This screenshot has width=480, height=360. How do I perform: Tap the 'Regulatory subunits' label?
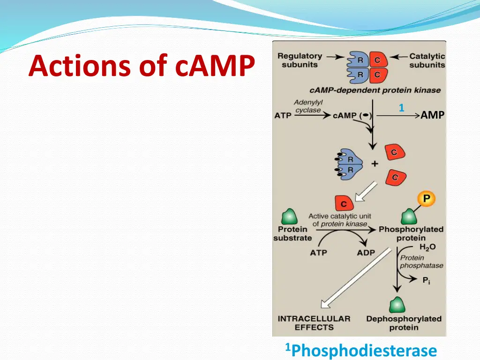click(300, 60)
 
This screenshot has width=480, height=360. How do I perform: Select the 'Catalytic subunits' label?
click(427, 60)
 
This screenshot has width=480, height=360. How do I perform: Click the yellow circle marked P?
click(427, 199)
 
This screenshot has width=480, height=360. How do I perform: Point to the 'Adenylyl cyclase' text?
click(308, 106)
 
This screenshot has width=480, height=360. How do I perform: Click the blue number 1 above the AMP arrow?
click(401, 108)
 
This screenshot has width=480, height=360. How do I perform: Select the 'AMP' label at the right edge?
click(432, 115)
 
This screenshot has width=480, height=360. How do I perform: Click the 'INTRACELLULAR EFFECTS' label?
click(314, 323)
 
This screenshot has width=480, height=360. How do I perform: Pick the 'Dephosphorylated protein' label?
click(404, 323)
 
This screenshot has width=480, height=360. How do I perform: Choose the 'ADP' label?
click(366, 253)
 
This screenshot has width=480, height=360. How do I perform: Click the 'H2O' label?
click(427, 247)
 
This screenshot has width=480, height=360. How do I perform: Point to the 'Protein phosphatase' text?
click(421, 262)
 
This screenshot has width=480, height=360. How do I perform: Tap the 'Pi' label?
click(426, 280)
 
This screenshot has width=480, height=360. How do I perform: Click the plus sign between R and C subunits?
click(375, 164)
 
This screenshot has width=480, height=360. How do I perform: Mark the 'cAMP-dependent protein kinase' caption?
click(375, 90)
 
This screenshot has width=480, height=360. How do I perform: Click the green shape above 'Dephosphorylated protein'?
click(397, 305)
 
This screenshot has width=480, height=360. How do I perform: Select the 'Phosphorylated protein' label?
click(411, 233)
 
